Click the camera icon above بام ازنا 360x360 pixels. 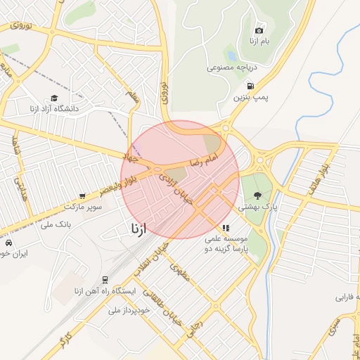click(x=259, y=30)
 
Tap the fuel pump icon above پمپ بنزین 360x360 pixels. click(x=251, y=86)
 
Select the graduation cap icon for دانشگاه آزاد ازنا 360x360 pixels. click(x=54, y=99)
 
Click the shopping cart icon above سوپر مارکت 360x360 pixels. click(x=83, y=196)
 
